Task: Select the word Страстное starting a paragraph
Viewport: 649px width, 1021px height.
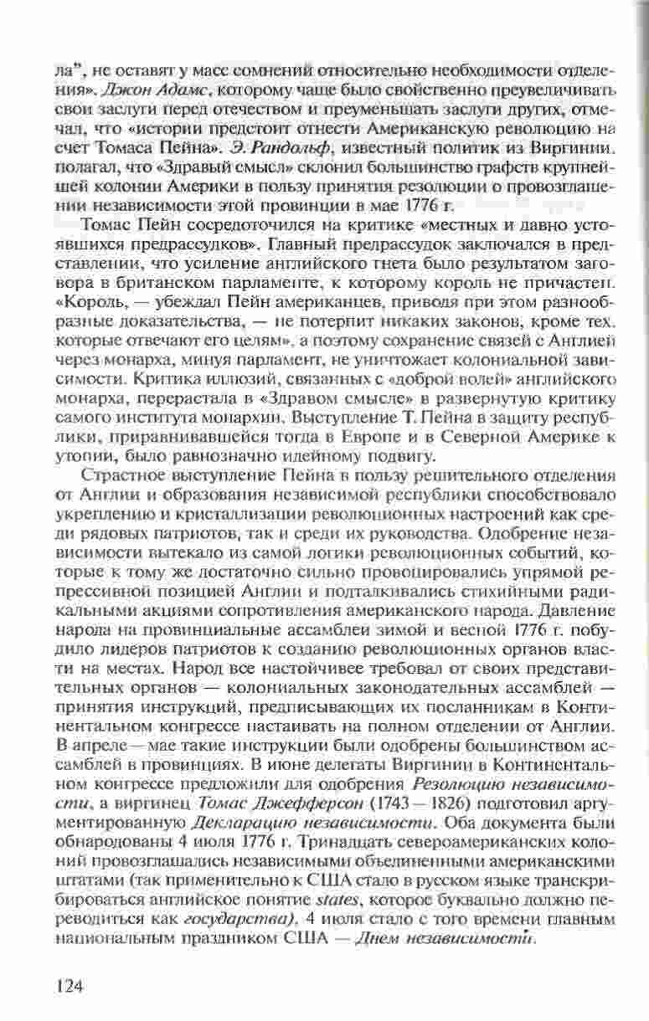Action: (120, 475)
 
